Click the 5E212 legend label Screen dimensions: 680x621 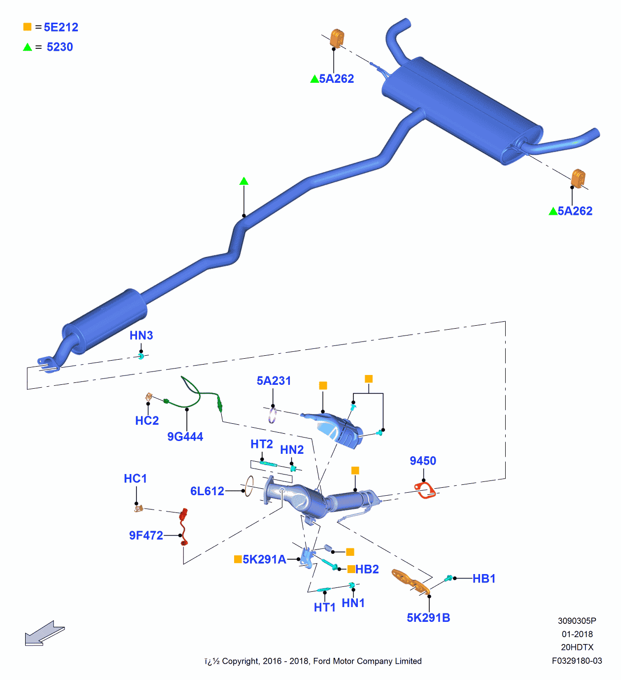[x=61, y=27]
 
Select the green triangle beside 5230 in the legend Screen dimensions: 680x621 [x=28, y=47]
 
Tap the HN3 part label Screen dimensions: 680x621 [x=141, y=336]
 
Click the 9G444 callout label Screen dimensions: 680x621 [x=185, y=437]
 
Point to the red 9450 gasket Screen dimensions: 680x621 [x=424, y=490]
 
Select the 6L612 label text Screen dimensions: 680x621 [x=207, y=491]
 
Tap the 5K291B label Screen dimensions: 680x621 [x=428, y=618]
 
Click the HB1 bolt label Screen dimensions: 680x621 [x=483, y=578]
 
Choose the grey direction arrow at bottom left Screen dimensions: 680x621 [x=44, y=634]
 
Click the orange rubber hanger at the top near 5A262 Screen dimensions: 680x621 [x=337, y=38]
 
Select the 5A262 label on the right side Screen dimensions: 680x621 [x=575, y=211]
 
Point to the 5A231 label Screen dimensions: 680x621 [x=274, y=381]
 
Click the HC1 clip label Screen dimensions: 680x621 [x=135, y=478]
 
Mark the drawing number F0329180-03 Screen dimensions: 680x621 [x=577, y=661]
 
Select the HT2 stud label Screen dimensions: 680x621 [x=261, y=444]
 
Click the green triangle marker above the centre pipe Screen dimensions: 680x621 [x=244, y=181]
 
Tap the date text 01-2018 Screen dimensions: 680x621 [x=577, y=634]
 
